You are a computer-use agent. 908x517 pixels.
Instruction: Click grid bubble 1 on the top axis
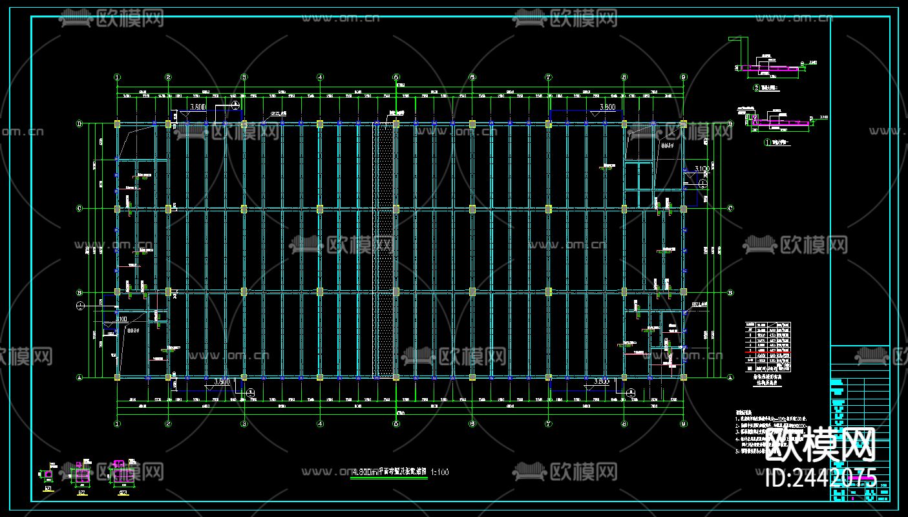click(x=117, y=77)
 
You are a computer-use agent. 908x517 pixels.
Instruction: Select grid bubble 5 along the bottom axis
click(x=396, y=424)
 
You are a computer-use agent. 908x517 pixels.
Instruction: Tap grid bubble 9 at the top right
click(x=684, y=77)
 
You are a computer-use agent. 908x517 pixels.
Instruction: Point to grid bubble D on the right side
click(x=730, y=123)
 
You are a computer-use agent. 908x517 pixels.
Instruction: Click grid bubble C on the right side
click(x=730, y=209)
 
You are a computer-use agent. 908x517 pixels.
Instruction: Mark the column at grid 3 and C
click(x=244, y=209)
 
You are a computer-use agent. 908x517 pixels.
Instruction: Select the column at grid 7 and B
click(x=548, y=292)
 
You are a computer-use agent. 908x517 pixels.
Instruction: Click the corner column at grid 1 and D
click(x=117, y=123)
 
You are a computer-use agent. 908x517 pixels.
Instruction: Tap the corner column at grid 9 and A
click(x=684, y=377)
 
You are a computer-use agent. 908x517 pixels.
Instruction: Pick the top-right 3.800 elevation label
click(x=607, y=107)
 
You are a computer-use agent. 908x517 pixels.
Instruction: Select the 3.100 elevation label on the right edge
click(x=702, y=169)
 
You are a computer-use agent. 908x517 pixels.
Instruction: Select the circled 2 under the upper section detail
click(x=755, y=87)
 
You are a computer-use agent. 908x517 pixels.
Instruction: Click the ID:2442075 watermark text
click(x=821, y=478)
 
